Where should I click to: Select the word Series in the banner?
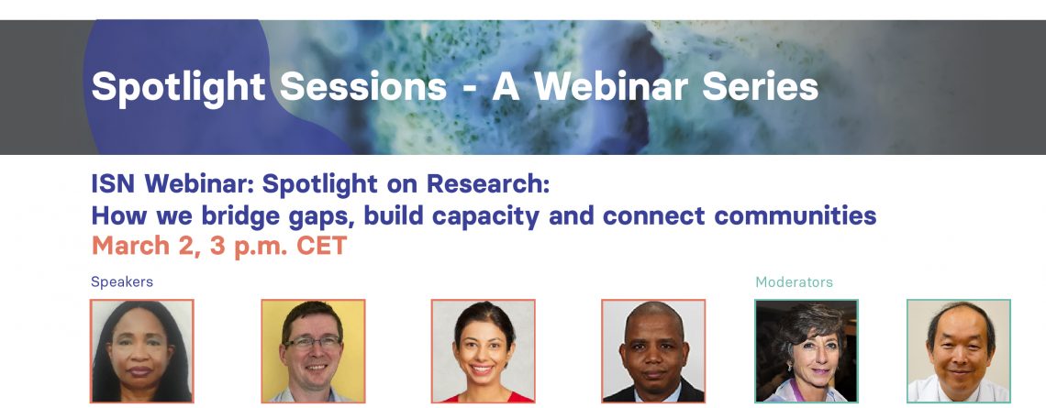tap(760, 86)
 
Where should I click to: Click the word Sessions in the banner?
tap(363, 86)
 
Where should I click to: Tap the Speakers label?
tap(122, 282)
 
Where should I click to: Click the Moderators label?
tap(794, 282)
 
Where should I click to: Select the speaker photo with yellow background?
tap(313, 351)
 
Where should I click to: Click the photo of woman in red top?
tap(483, 351)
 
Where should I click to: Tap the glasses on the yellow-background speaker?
tap(312, 343)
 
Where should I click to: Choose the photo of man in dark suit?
tap(653, 351)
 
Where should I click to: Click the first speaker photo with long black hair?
tap(142, 351)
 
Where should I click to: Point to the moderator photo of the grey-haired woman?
tap(806, 351)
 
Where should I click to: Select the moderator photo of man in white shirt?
tap(959, 351)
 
